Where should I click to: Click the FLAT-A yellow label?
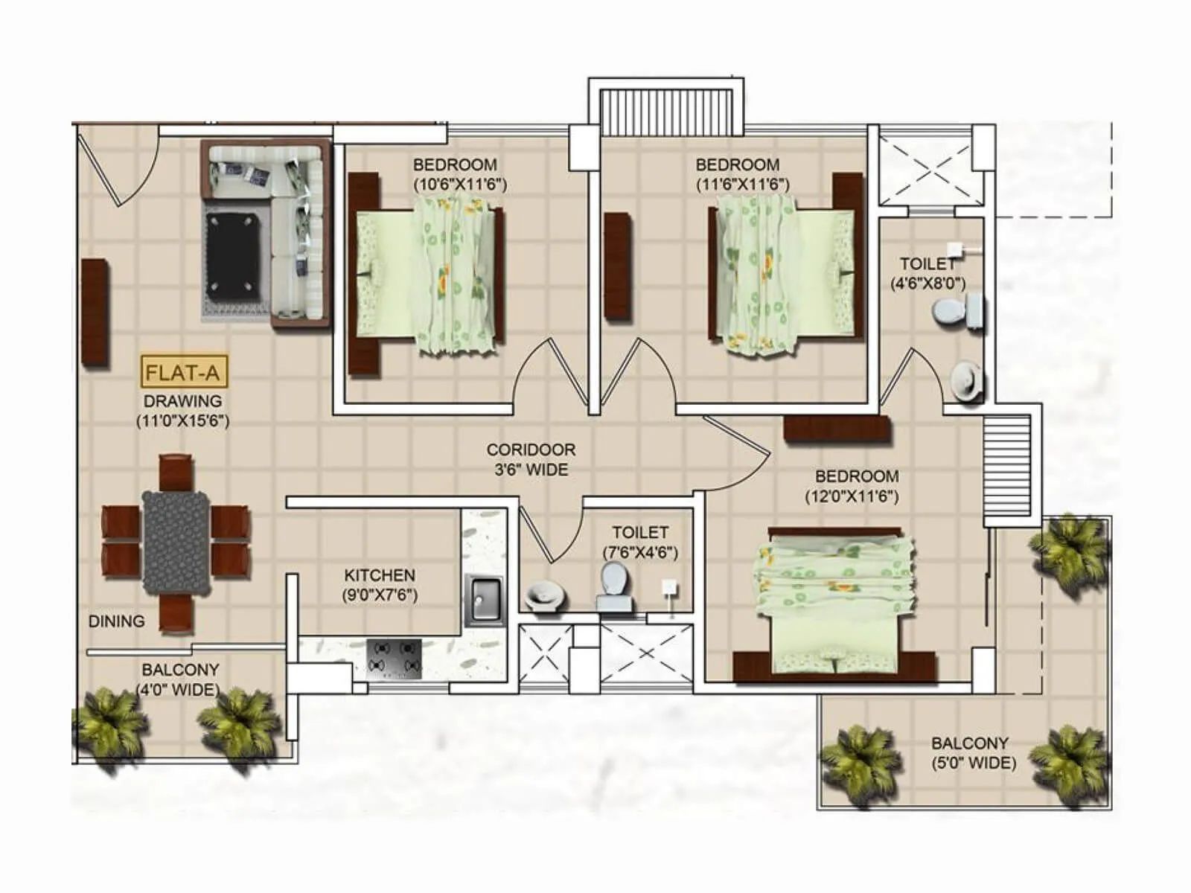(185, 371)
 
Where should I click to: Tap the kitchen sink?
(485, 600)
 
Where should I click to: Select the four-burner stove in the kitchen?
(394, 658)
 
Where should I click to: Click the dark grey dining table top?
(176, 541)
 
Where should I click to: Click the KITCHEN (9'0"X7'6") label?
(380, 585)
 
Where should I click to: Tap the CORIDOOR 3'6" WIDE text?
(531, 460)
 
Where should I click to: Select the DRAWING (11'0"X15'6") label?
(182, 411)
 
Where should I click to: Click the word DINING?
(117, 621)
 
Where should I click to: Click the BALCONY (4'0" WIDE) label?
(180, 679)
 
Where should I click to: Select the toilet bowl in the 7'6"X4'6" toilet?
(614, 586)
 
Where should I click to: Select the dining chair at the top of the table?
(176, 472)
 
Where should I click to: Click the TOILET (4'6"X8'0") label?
(927, 273)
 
